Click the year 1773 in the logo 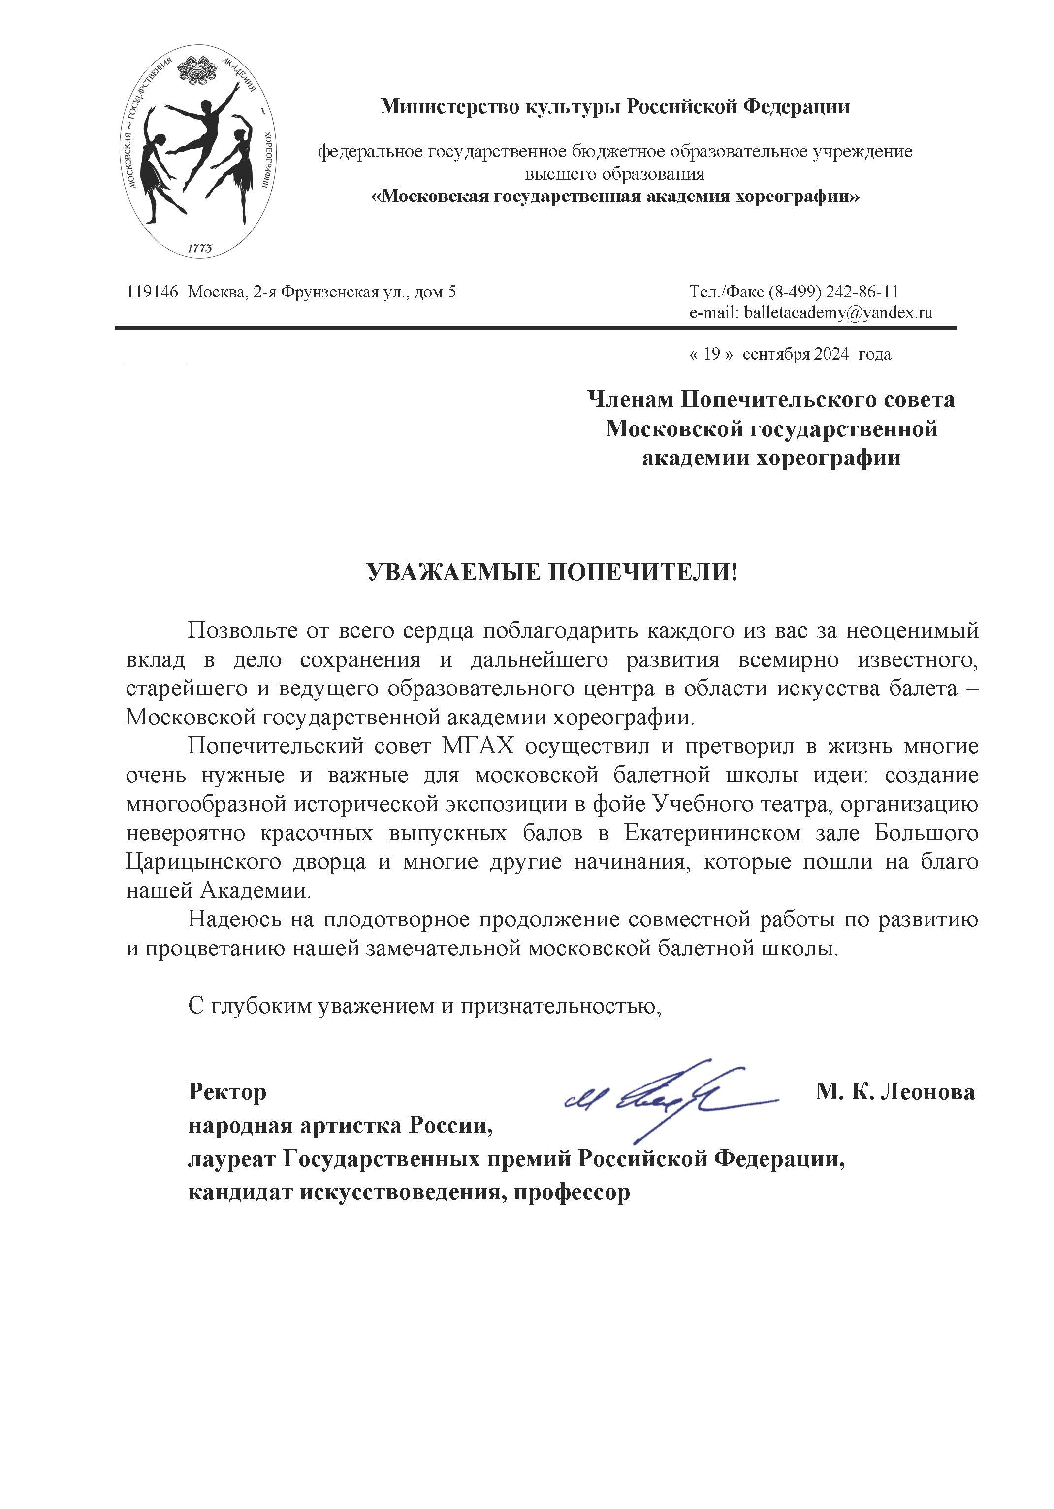point(200,248)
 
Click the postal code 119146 point(152,292)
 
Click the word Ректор point(227,1092)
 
